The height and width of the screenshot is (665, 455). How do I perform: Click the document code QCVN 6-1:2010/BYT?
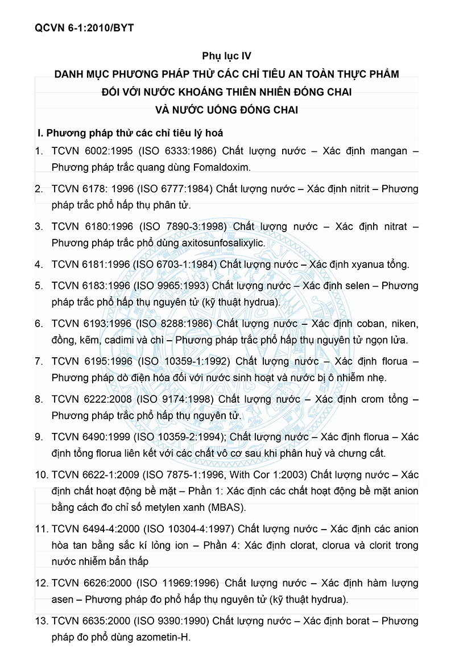[84, 27]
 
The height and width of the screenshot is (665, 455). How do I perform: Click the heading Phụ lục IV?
[226, 56]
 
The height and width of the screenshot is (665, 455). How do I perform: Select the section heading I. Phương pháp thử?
[130, 133]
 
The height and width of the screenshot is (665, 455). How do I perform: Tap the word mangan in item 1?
[386, 151]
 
